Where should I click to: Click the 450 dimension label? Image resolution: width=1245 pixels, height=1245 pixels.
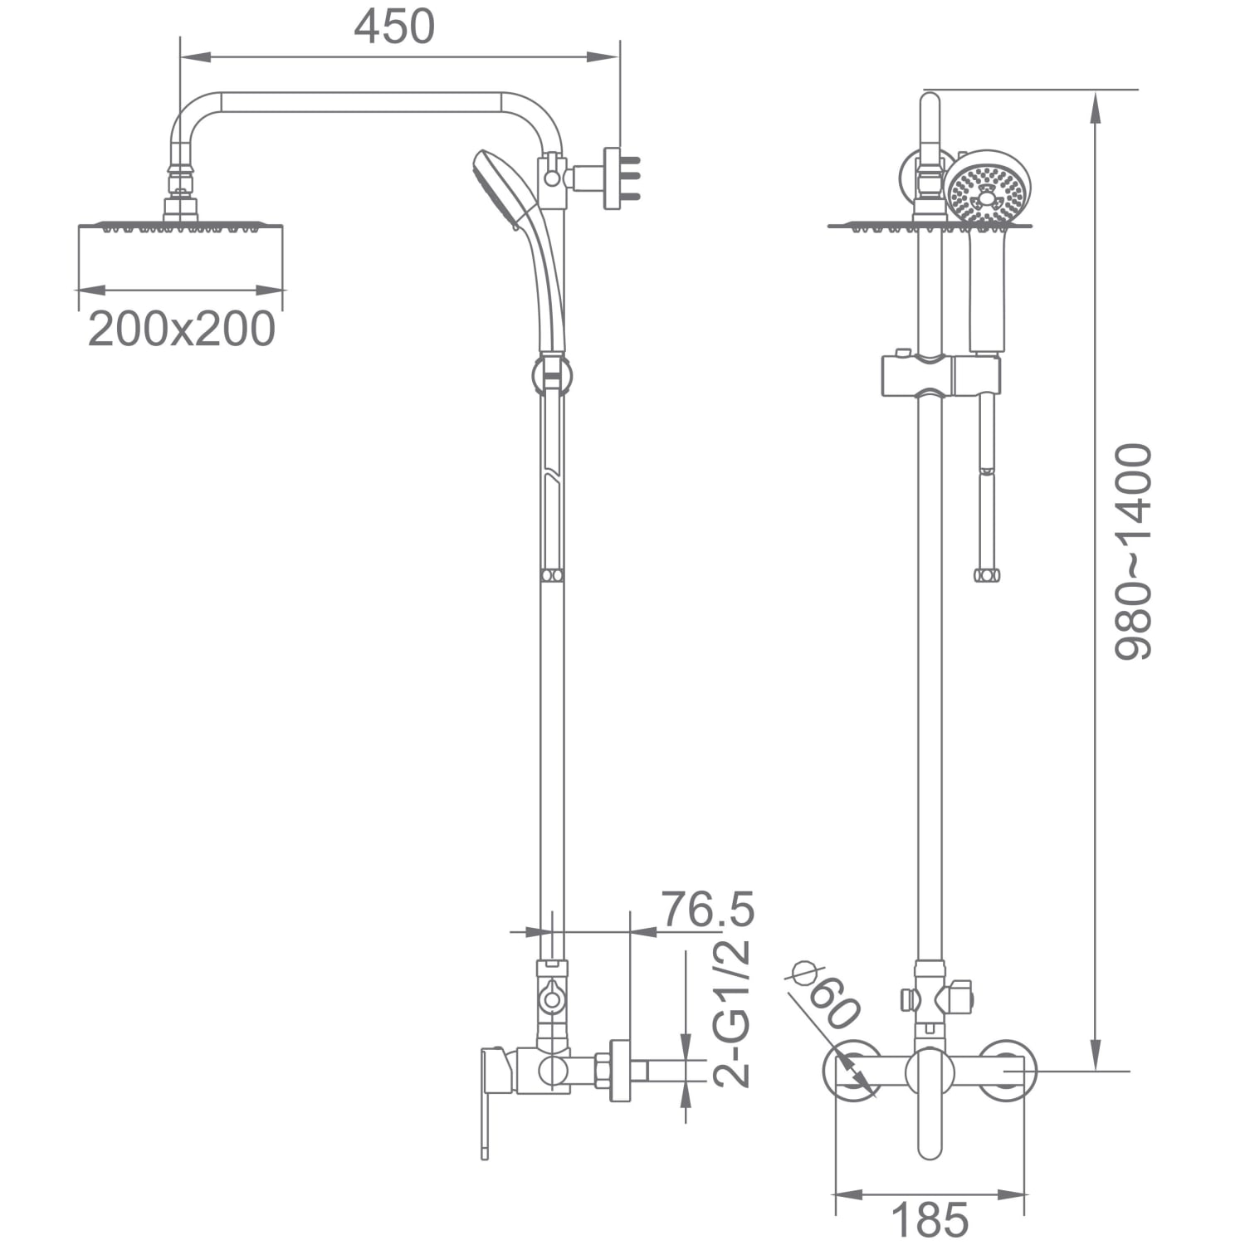pyautogui.click(x=394, y=27)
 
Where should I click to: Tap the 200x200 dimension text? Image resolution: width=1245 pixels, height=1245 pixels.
pyautogui.click(x=182, y=329)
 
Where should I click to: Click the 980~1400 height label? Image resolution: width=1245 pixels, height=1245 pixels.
pyautogui.click(x=1133, y=552)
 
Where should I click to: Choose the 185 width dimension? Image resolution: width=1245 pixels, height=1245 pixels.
pyautogui.click(x=930, y=1220)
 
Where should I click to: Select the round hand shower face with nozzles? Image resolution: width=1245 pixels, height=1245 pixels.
pyautogui.click(x=988, y=188)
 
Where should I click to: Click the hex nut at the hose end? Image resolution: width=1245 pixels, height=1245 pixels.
pyautogui.click(x=987, y=574)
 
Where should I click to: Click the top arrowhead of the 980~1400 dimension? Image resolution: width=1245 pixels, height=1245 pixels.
pyautogui.click(x=1096, y=108)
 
